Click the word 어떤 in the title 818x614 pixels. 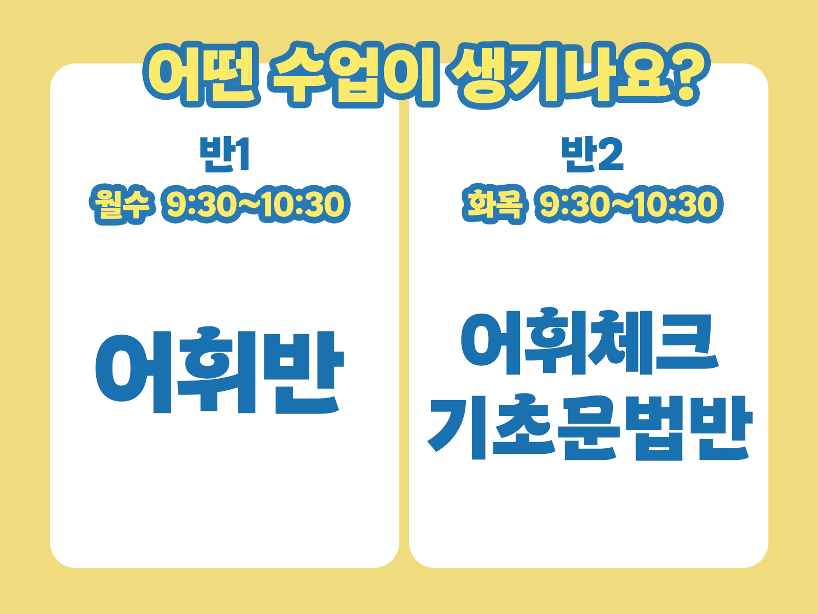click(201, 74)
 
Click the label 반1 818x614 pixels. click(224, 155)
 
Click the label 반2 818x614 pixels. click(592, 155)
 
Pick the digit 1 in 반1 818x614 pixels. click(242, 155)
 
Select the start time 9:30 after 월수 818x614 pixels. click(199, 204)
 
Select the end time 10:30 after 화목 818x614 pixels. click(677, 204)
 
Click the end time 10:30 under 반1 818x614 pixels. click(304, 204)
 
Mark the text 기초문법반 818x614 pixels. click(589, 427)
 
